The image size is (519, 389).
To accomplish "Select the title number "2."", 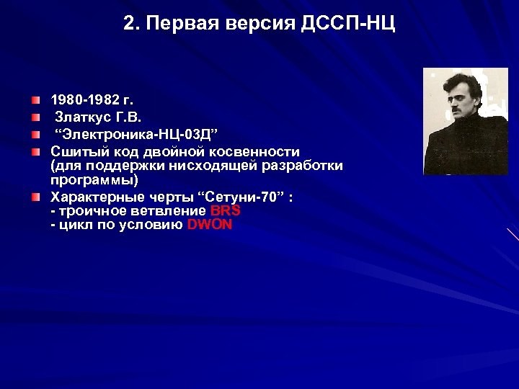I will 130,24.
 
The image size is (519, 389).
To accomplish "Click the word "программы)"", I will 94,180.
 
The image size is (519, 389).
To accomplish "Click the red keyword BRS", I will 225,210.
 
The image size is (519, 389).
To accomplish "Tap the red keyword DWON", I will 209,224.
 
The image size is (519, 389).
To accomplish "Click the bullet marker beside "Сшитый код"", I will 36,152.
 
